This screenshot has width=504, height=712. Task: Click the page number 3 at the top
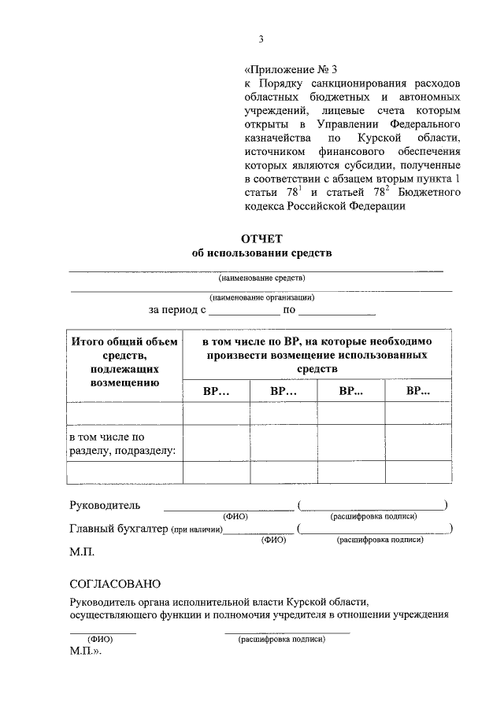[x=261, y=40]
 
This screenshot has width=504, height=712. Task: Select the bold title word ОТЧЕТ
[x=261, y=238]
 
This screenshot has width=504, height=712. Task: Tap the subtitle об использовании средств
[x=262, y=253]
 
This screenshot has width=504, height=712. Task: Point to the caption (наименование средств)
[x=261, y=278]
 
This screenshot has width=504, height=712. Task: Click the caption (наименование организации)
[x=262, y=297]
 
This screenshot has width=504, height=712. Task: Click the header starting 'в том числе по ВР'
[x=317, y=355]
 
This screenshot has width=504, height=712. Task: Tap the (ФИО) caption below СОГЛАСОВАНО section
[x=102, y=640]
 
